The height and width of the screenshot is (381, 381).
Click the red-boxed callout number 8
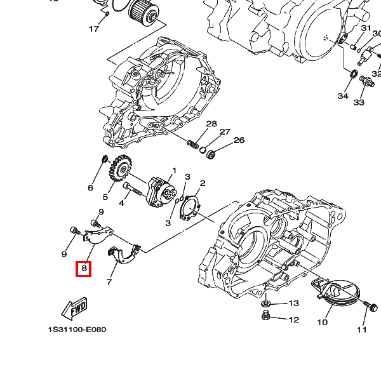coord(84,269)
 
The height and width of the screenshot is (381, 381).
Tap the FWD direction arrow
coord(74,309)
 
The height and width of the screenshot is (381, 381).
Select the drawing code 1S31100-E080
coord(77,330)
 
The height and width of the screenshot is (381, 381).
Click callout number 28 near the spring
coord(211,124)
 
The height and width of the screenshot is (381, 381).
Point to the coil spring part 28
coord(192,144)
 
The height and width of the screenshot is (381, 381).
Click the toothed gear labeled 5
coord(121,168)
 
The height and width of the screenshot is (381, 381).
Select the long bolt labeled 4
coord(132,189)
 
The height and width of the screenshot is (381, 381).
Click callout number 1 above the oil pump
coord(174,171)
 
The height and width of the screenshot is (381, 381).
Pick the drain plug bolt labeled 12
coord(266,316)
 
